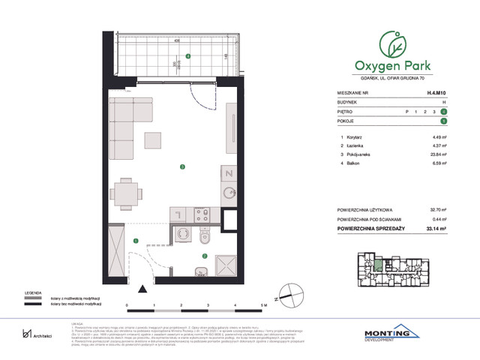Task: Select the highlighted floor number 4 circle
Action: tap(444, 111)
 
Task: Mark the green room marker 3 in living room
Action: tap(181, 166)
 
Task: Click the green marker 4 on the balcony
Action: tap(188, 55)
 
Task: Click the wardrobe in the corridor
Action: tap(115, 253)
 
